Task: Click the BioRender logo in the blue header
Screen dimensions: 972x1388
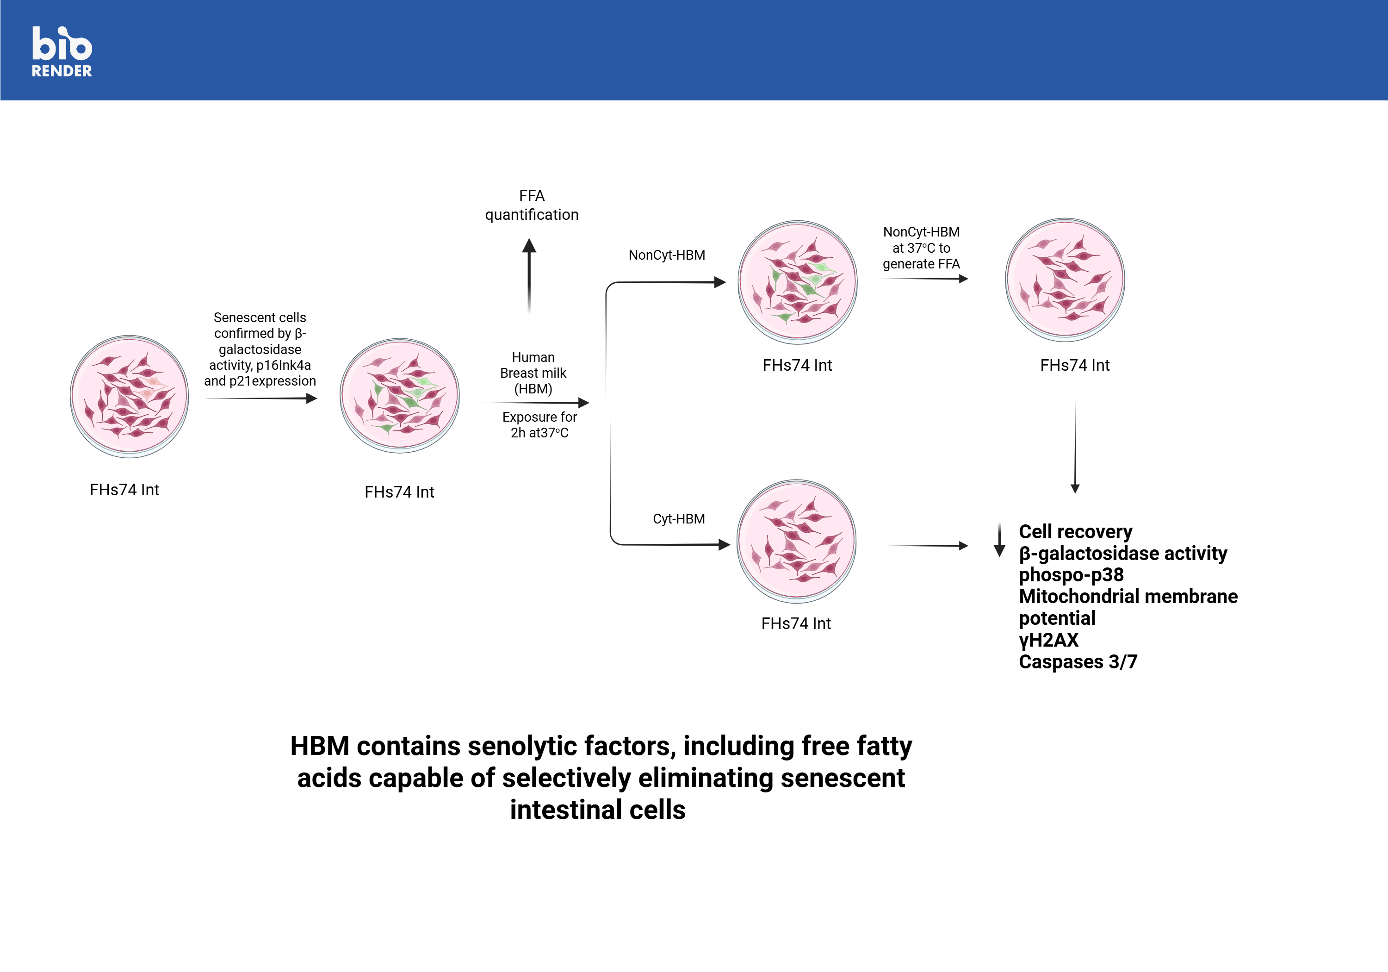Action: coord(62,51)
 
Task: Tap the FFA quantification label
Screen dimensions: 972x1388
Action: coord(532,205)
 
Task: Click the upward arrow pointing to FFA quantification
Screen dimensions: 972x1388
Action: coord(529,275)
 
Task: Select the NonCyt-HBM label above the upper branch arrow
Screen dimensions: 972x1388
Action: coord(666,255)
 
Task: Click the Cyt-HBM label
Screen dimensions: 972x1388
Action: coord(678,519)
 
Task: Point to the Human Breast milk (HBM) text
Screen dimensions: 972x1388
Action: coord(533,373)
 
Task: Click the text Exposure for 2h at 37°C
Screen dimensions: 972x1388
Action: coord(539,424)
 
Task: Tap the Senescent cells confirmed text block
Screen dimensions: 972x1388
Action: coord(260,349)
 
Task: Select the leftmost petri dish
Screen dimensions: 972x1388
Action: coord(130,396)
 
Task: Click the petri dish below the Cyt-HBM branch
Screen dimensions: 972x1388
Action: coord(796,542)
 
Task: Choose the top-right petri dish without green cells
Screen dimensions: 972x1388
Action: coord(1065,280)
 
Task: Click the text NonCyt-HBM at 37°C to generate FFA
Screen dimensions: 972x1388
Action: coord(921,248)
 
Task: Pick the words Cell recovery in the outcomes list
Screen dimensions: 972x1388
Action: coord(1075,532)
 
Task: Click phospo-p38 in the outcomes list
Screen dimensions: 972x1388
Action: coord(1071,574)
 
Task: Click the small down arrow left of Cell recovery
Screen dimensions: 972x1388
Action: coord(999,540)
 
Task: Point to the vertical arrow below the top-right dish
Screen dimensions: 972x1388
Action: coord(1074,448)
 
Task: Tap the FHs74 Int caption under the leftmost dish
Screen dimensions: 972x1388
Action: coord(124,490)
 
